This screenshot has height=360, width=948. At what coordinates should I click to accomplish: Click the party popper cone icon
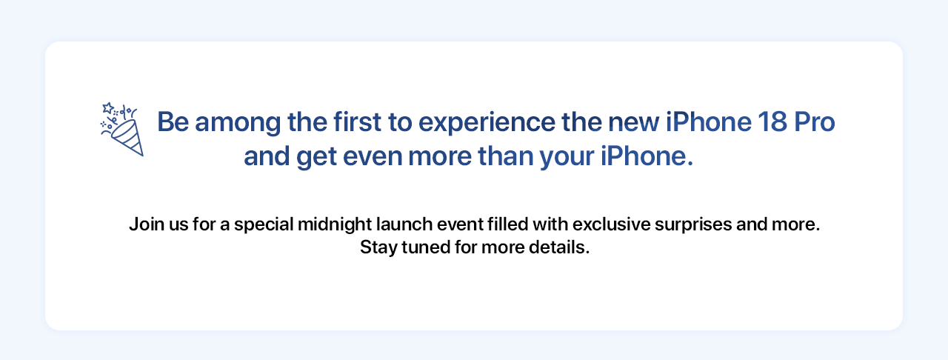click(127, 137)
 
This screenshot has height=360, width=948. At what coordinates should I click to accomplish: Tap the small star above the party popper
click(108, 108)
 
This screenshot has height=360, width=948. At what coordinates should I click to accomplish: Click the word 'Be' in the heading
click(173, 122)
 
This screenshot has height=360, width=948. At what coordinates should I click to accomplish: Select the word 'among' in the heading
click(238, 124)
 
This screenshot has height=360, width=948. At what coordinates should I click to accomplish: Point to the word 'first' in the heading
click(357, 122)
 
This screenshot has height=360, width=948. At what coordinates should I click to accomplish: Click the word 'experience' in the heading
click(487, 124)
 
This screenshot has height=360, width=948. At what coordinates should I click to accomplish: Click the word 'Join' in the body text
click(147, 224)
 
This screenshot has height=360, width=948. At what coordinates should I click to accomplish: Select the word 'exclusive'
click(611, 224)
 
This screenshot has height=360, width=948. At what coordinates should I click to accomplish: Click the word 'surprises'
click(693, 225)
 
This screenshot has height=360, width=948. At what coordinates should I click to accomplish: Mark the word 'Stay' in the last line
click(378, 248)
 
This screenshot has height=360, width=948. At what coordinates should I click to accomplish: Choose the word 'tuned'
click(426, 247)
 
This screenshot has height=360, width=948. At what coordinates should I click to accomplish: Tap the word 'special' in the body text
click(264, 225)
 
